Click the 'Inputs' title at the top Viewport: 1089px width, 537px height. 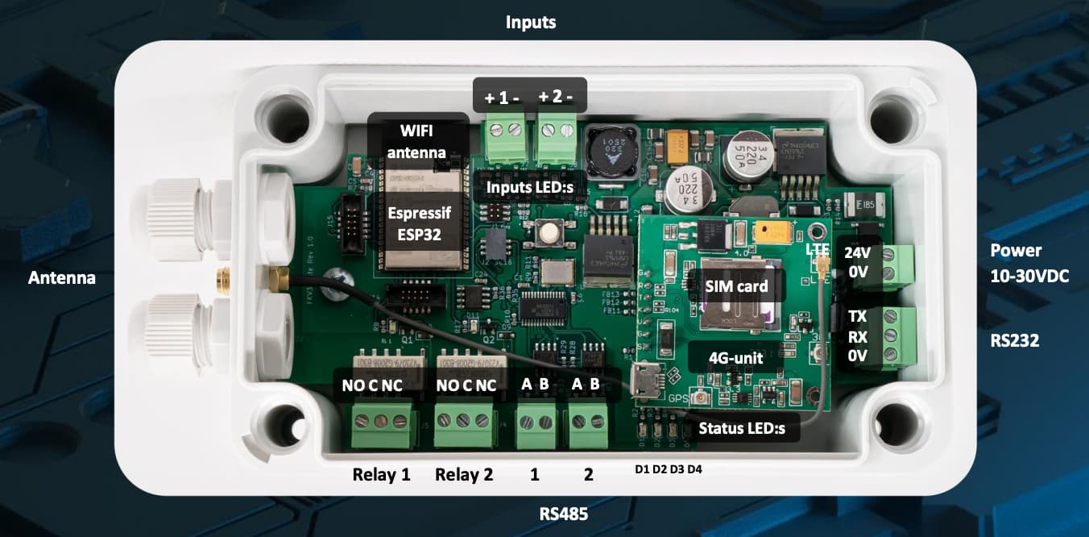click(x=530, y=22)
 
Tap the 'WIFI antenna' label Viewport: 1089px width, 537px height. click(x=416, y=140)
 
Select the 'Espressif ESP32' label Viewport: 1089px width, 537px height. click(x=419, y=223)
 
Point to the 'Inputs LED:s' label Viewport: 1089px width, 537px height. click(x=529, y=188)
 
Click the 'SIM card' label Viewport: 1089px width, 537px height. click(x=736, y=285)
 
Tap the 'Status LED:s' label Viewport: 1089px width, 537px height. click(x=741, y=428)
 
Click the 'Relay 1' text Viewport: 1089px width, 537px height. click(x=381, y=474)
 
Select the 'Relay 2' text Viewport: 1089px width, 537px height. click(x=463, y=474)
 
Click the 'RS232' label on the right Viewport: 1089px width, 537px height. click(x=1014, y=340)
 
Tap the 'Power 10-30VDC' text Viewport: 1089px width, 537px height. click(x=1029, y=263)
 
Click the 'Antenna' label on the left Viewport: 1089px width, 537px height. click(x=61, y=278)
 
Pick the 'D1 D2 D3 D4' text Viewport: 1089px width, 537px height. click(x=668, y=468)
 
